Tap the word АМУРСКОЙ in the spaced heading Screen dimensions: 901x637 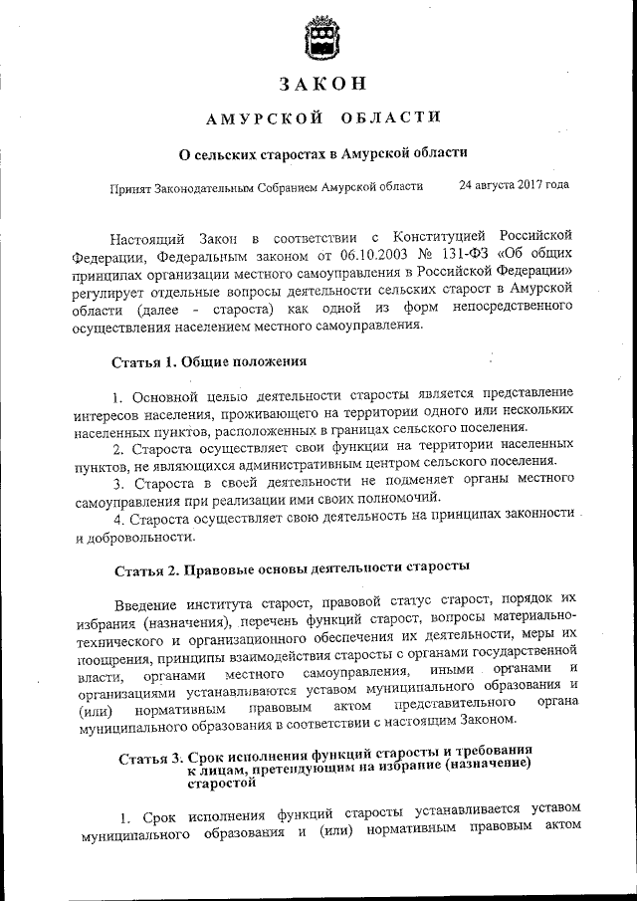(x=264, y=119)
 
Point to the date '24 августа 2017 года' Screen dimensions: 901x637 (x=514, y=184)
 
